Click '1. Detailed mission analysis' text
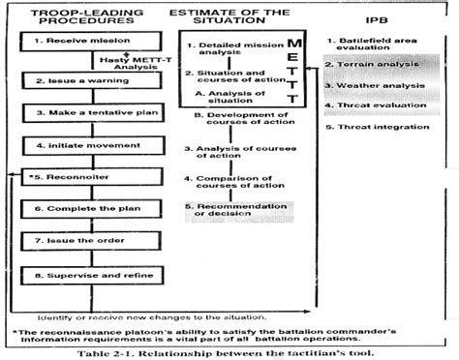point(231,50)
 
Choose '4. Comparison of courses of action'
point(232,185)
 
